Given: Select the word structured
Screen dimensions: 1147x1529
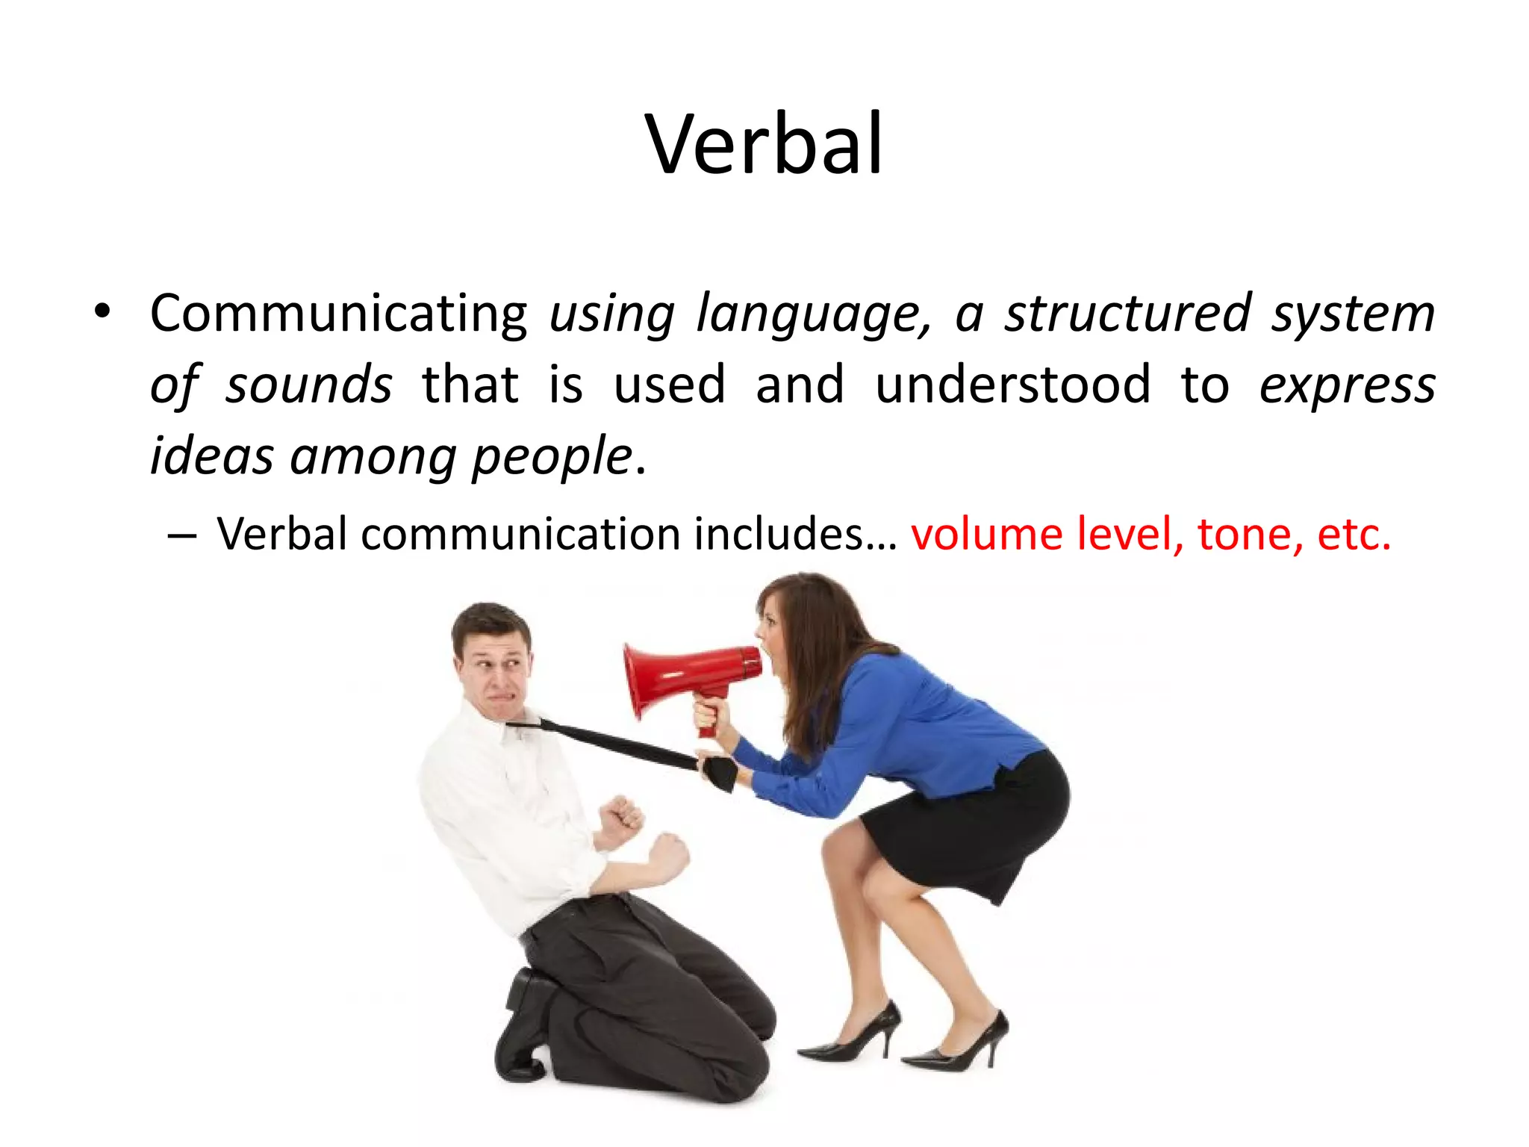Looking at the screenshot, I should click(1127, 314).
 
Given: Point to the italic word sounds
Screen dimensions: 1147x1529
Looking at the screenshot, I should click(308, 385).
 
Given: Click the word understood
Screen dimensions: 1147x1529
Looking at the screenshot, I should click(1012, 385).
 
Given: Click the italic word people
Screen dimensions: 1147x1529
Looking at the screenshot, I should click(552, 457).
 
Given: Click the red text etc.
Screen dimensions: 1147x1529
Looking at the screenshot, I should click(1354, 535).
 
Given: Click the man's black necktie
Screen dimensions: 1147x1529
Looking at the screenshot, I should click(620, 743).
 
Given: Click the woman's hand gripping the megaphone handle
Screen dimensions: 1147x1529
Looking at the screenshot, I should click(709, 713).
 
